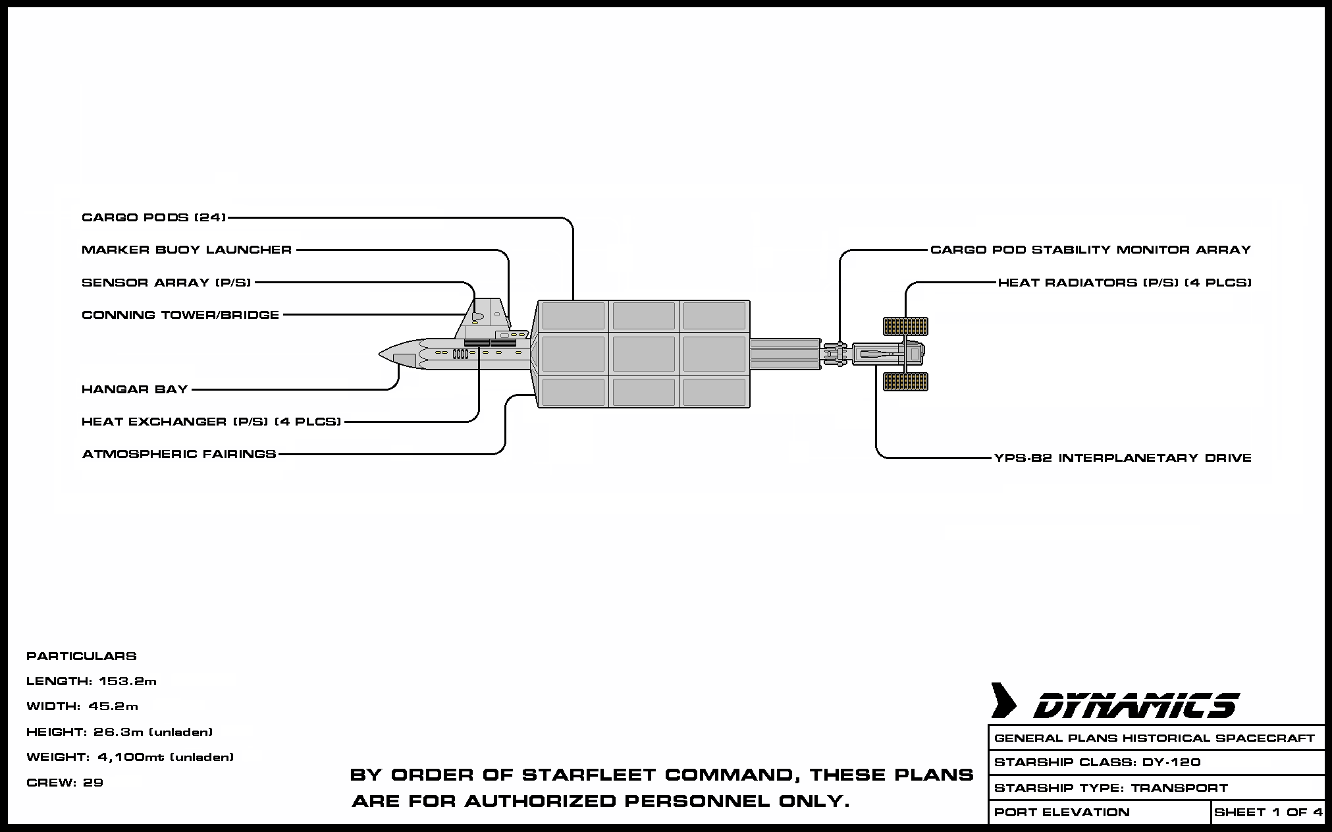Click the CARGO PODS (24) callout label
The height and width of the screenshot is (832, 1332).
[153, 217]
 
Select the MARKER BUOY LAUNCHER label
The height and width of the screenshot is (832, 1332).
[186, 250]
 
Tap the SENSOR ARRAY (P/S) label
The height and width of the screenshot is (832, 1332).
[166, 283]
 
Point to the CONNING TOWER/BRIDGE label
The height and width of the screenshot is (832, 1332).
[180, 315]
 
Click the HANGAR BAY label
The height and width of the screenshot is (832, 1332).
[135, 389]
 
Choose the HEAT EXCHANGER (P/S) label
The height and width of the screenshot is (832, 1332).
[211, 422]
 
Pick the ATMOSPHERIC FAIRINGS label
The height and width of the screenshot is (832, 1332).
[179, 454]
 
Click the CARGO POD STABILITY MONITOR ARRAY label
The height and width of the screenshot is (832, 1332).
[1090, 250]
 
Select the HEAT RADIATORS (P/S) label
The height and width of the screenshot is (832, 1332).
[1125, 283]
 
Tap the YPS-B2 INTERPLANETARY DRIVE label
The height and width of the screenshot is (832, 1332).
[1123, 458]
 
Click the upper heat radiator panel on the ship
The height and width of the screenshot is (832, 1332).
[905, 326]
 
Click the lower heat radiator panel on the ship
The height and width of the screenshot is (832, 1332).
[905, 381]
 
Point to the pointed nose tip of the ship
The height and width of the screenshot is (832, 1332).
[381, 354]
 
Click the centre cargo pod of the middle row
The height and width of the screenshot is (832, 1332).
[644, 354]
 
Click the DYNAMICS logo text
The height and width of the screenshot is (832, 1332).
[1135, 706]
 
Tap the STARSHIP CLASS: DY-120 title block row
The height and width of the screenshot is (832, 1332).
[1106, 762]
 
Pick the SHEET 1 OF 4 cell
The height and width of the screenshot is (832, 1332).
[1268, 812]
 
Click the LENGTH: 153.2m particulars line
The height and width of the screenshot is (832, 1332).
[92, 681]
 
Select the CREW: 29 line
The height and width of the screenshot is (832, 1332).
[65, 783]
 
